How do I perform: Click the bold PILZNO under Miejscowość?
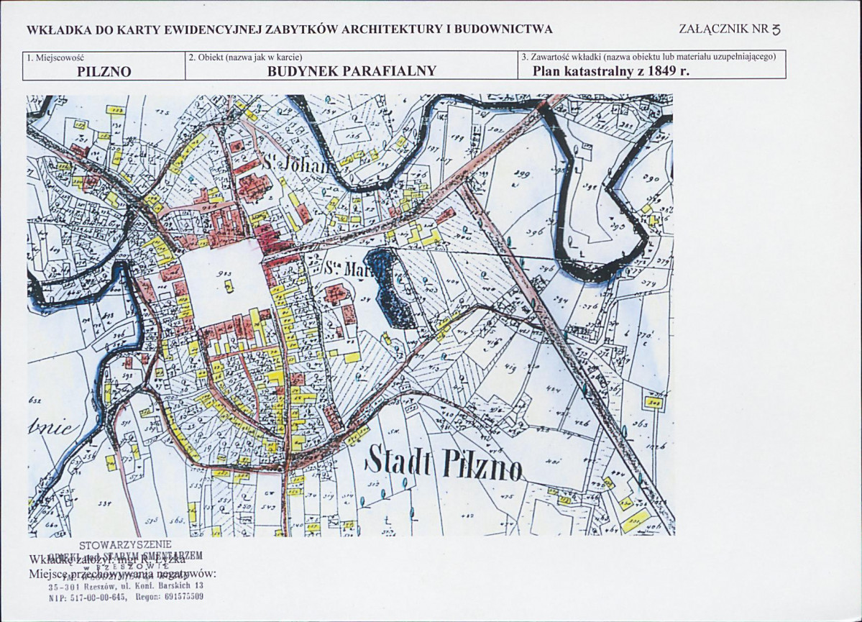pyautogui.click(x=105, y=71)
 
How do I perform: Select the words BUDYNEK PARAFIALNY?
pyautogui.click(x=352, y=71)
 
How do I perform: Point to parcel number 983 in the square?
pyautogui.click(x=229, y=275)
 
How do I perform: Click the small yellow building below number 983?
pyautogui.click(x=229, y=286)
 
